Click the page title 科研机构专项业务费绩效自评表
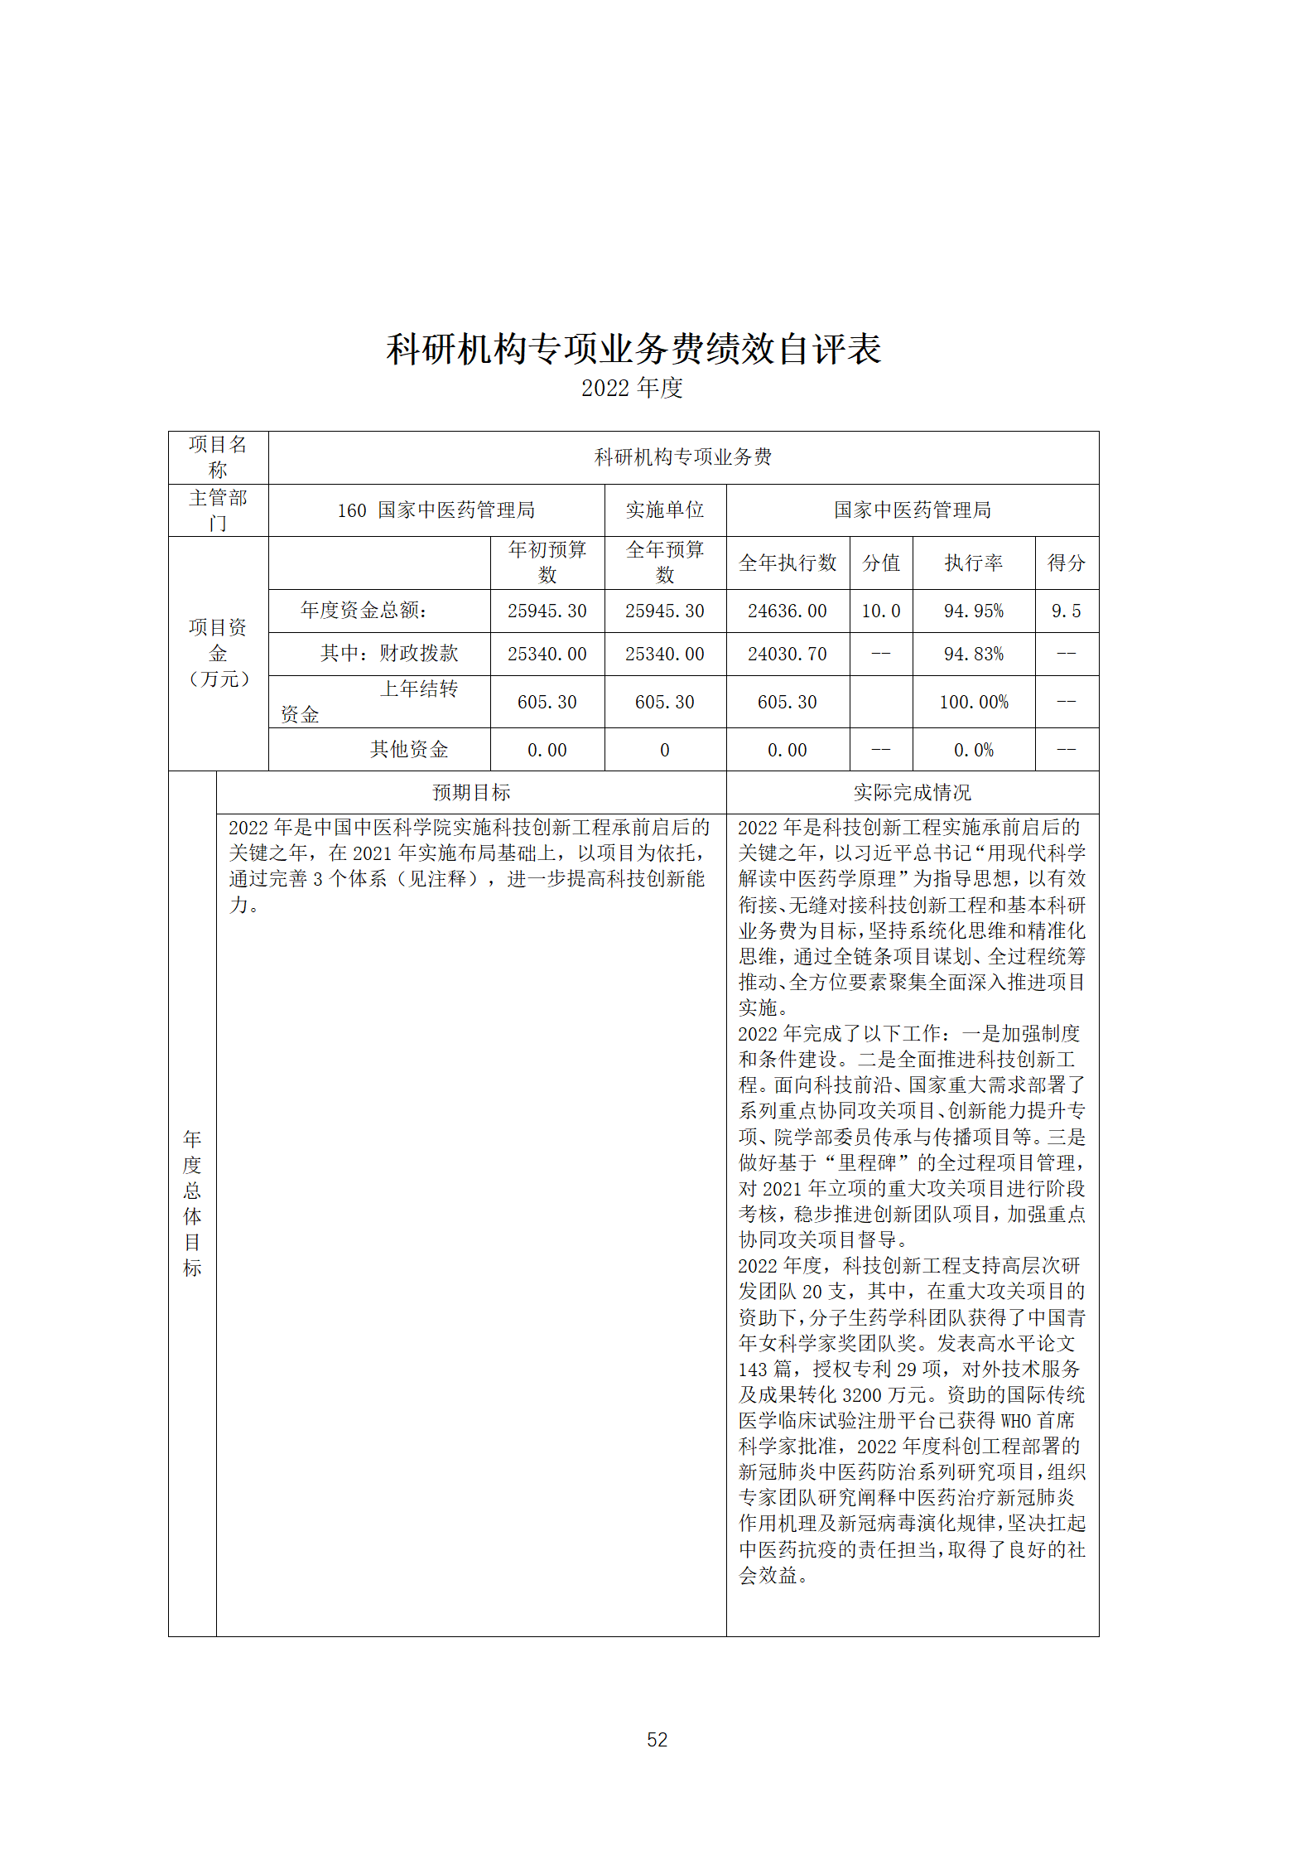(x=633, y=349)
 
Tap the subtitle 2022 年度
(x=632, y=388)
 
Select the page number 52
(x=657, y=1739)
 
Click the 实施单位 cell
(x=665, y=510)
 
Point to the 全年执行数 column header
(x=788, y=563)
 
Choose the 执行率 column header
(x=974, y=563)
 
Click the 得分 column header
(x=1066, y=563)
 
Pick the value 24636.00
(x=787, y=611)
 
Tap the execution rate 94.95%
(x=974, y=611)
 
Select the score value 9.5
(x=1066, y=611)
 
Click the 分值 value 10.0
(x=880, y=611)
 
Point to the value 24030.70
(x=787, y=655)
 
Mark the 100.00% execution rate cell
(x=974, y=703)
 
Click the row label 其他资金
(x=409, y=750)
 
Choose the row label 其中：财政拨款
(x=389, y=654)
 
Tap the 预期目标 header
(x=471, y=793)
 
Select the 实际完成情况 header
(x=912, y=793)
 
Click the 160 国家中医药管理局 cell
(x=436, y=510)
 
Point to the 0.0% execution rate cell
(x=974, y=751)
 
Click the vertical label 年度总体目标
(x=192, y=1203)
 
